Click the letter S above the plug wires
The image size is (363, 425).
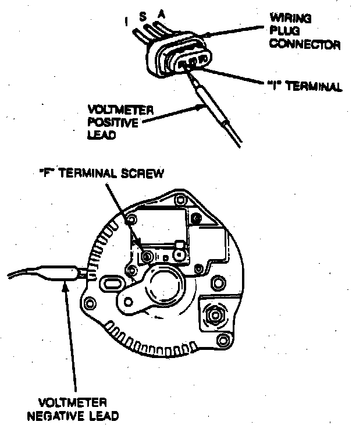click(143, 17)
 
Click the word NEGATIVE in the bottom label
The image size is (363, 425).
click(76, 416)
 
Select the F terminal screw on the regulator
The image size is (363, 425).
click(147, 257)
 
